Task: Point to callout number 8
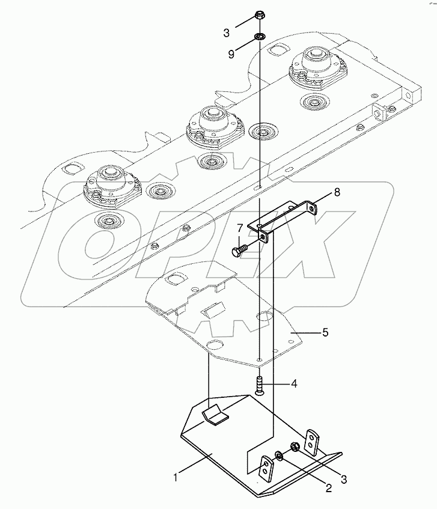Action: click(x=337, y=192)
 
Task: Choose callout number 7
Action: click(x=239, y=228)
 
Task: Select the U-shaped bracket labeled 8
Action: click(x=287, y=216)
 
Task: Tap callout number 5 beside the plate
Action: click(x=325, y=331)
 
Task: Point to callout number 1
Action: click(x=176, y=478)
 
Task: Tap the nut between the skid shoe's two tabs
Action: click(x=295, y=447)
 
